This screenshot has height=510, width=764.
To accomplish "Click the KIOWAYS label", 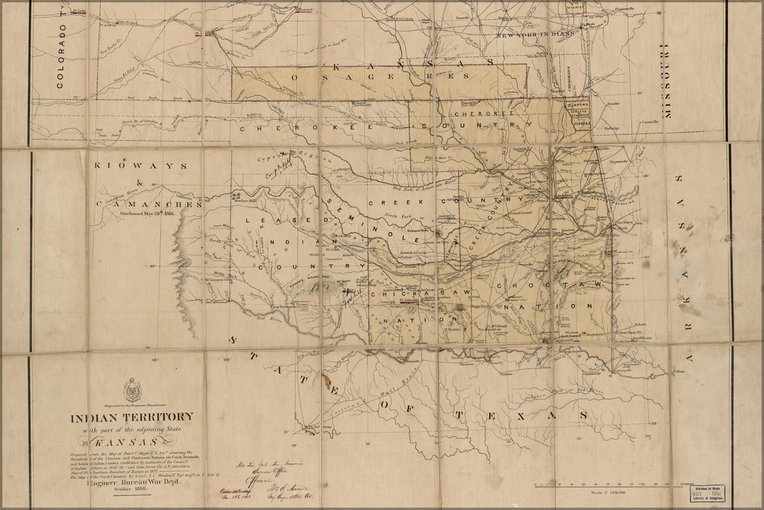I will point(134,166).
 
